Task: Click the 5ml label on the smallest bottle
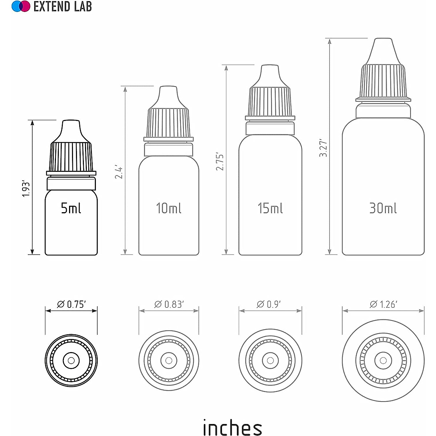[71, 208]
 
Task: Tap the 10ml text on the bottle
[169, 208]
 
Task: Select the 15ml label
[270, 208]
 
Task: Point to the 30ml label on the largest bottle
[383, 208]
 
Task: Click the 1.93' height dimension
[26, 189]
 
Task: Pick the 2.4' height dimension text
[119, 173]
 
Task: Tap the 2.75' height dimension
[220, 162]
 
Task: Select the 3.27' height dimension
[323, 148]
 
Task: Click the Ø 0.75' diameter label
[71, 304]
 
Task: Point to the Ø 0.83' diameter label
[169, 304]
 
